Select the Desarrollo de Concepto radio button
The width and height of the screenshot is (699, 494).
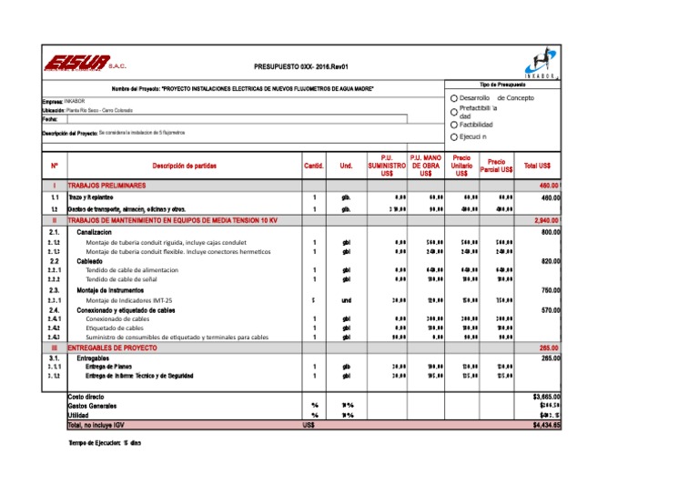point(453,97)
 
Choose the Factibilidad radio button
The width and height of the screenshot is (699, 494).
point(453,125)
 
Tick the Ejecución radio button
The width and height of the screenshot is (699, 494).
point(453,137)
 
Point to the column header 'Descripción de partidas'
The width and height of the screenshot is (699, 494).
point(184,166)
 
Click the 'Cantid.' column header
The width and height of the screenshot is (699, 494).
point(314,166)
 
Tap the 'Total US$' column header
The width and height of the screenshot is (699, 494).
point(542,166)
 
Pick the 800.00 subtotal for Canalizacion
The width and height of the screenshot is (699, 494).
point(549,233)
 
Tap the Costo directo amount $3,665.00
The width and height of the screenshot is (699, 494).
point(545,397)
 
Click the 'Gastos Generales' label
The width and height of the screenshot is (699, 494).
point(91,406)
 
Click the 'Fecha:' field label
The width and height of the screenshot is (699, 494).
point(51,118)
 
